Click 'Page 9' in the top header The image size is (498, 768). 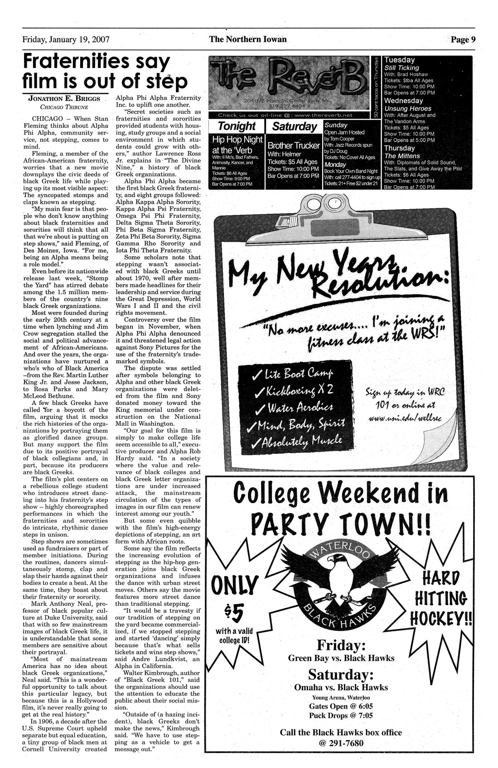(463, 39)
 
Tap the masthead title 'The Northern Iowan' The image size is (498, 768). (248, 39)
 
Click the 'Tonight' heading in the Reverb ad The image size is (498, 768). (237, 126)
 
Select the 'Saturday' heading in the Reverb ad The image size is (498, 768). (295, 126)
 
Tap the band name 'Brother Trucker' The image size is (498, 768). (294, 146)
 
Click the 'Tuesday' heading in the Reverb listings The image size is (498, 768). (399, 60)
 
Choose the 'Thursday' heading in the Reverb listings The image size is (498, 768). (399, 148)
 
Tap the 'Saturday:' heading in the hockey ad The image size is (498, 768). (341, 674)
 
